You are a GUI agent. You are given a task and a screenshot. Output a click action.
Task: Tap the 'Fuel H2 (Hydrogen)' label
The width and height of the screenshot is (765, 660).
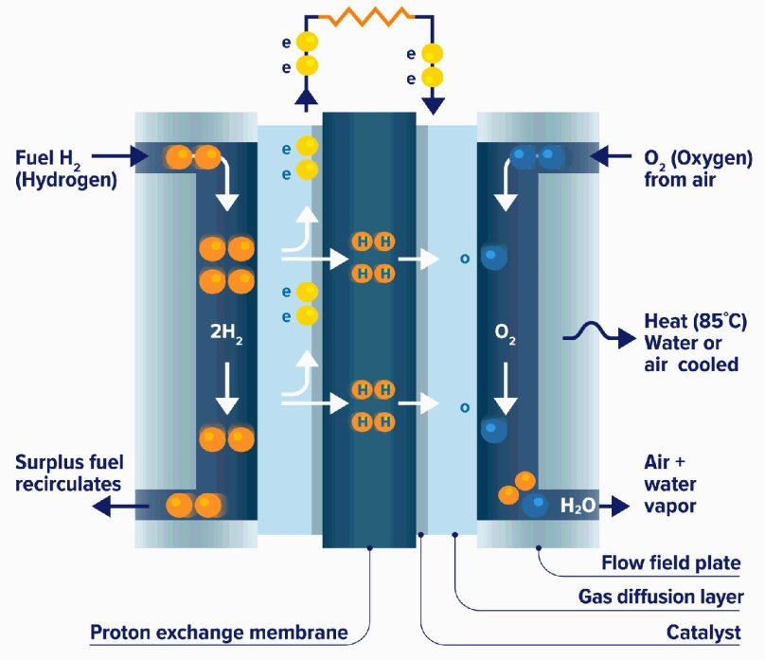coord(64,167)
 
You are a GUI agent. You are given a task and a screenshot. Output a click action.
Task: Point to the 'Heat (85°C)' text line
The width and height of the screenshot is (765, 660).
coord(694,322)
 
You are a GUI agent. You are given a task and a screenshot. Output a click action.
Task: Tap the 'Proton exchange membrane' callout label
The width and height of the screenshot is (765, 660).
coord(218,632)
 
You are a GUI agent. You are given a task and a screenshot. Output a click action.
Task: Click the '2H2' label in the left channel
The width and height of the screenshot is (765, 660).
coord(226,333)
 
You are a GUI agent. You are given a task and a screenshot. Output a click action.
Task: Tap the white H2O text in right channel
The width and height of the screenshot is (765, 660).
coord(578,507)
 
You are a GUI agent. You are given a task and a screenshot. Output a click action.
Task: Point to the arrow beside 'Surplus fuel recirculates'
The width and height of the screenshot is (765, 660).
coord(114,508)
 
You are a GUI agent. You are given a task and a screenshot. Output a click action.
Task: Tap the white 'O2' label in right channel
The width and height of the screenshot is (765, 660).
coord(506,333)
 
